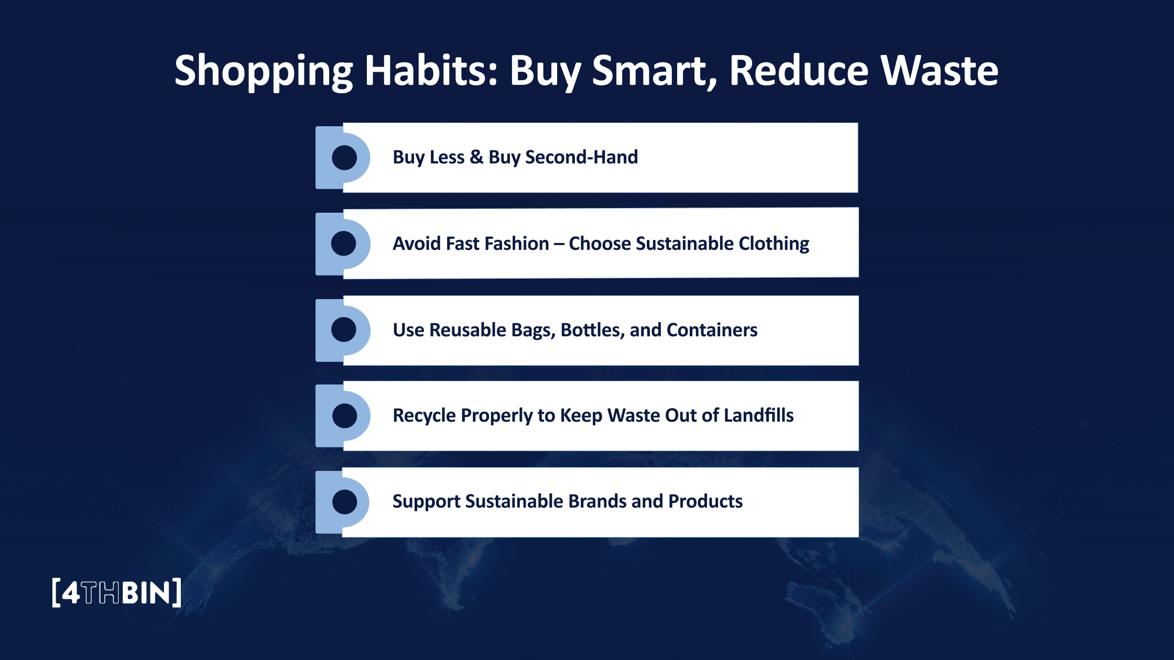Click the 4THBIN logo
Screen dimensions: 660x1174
116,592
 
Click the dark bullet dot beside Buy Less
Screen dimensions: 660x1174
344,158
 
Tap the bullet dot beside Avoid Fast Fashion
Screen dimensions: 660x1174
344,244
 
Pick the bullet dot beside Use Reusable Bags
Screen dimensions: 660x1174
344,329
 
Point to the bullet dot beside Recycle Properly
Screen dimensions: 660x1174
344,416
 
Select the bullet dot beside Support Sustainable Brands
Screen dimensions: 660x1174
344,502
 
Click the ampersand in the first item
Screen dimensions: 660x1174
476,157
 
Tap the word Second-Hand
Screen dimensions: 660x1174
581,157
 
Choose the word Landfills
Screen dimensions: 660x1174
758,415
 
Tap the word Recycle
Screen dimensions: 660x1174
424,415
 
